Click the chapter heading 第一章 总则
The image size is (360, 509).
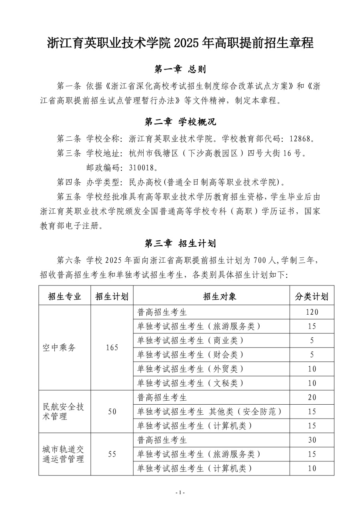coord(180,70)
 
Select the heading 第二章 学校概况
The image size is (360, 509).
coord(180,121)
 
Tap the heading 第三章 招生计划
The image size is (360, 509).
coord(180,243)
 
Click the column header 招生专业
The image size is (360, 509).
coord(64,296)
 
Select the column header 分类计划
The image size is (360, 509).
coord(312,296)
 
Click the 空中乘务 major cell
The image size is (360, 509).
coord(59,347)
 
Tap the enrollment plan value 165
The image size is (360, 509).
coord(112,347)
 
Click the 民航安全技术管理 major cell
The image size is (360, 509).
coord(63,411)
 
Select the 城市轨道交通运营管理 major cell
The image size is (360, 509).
coord(63,454)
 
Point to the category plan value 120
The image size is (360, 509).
coord(312,312)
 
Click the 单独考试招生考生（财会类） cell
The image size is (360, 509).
coord(190,355)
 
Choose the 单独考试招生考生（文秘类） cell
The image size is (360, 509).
coord(190,383)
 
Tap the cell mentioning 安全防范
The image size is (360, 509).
coord(210,411)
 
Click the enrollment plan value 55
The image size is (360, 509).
coord(112,454)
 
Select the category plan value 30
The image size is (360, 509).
coord(312,440)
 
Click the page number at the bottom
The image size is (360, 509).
coord(180,493)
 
